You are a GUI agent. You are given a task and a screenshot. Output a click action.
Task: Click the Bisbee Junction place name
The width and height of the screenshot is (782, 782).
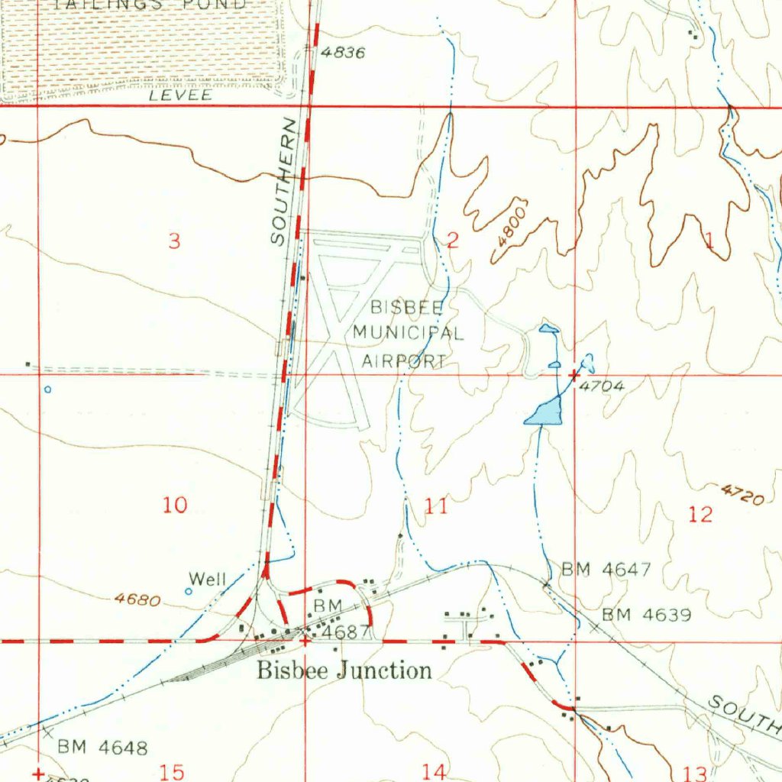tap(344, 671)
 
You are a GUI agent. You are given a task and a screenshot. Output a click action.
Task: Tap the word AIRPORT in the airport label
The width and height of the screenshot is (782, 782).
tap(404, 361)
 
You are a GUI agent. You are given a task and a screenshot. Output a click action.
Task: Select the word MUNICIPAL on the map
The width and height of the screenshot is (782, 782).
tap(408, 334)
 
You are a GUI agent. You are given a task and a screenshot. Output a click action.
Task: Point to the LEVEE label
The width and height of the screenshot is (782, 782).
tap(180, 96)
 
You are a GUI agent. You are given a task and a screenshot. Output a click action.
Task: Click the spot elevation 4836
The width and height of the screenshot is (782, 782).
tap(343, 53)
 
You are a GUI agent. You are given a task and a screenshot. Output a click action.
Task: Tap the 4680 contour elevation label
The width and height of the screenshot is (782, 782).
tap(137, 600)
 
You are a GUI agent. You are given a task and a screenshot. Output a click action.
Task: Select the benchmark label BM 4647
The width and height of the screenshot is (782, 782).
tap(606, 569)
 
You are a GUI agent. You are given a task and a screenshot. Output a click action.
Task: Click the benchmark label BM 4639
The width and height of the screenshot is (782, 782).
tap(646, 615)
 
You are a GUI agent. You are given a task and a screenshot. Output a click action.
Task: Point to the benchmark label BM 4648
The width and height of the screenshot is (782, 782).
tap(102, 747)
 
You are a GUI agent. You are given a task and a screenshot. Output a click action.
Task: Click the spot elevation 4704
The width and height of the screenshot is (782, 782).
tap(602, 386)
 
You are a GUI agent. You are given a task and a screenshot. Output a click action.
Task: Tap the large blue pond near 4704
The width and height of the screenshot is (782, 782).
tap(544, 412)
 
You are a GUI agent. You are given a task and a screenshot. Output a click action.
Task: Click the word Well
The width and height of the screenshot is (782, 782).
tap(208, 579)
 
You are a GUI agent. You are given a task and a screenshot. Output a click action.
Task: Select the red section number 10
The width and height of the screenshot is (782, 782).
tap(175, 505)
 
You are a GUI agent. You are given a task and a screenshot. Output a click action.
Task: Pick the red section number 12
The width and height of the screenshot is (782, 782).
tap(700, 514)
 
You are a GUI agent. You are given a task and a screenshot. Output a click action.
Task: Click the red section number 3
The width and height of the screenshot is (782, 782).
tap(175, 241)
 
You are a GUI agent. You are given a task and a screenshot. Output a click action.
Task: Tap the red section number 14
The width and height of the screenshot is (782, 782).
tap(434, 771)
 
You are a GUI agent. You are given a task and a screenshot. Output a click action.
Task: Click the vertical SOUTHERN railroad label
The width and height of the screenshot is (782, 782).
tap(283, 182)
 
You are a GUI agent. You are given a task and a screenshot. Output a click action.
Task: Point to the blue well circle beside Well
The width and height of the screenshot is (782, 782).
tap(189, 591)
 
